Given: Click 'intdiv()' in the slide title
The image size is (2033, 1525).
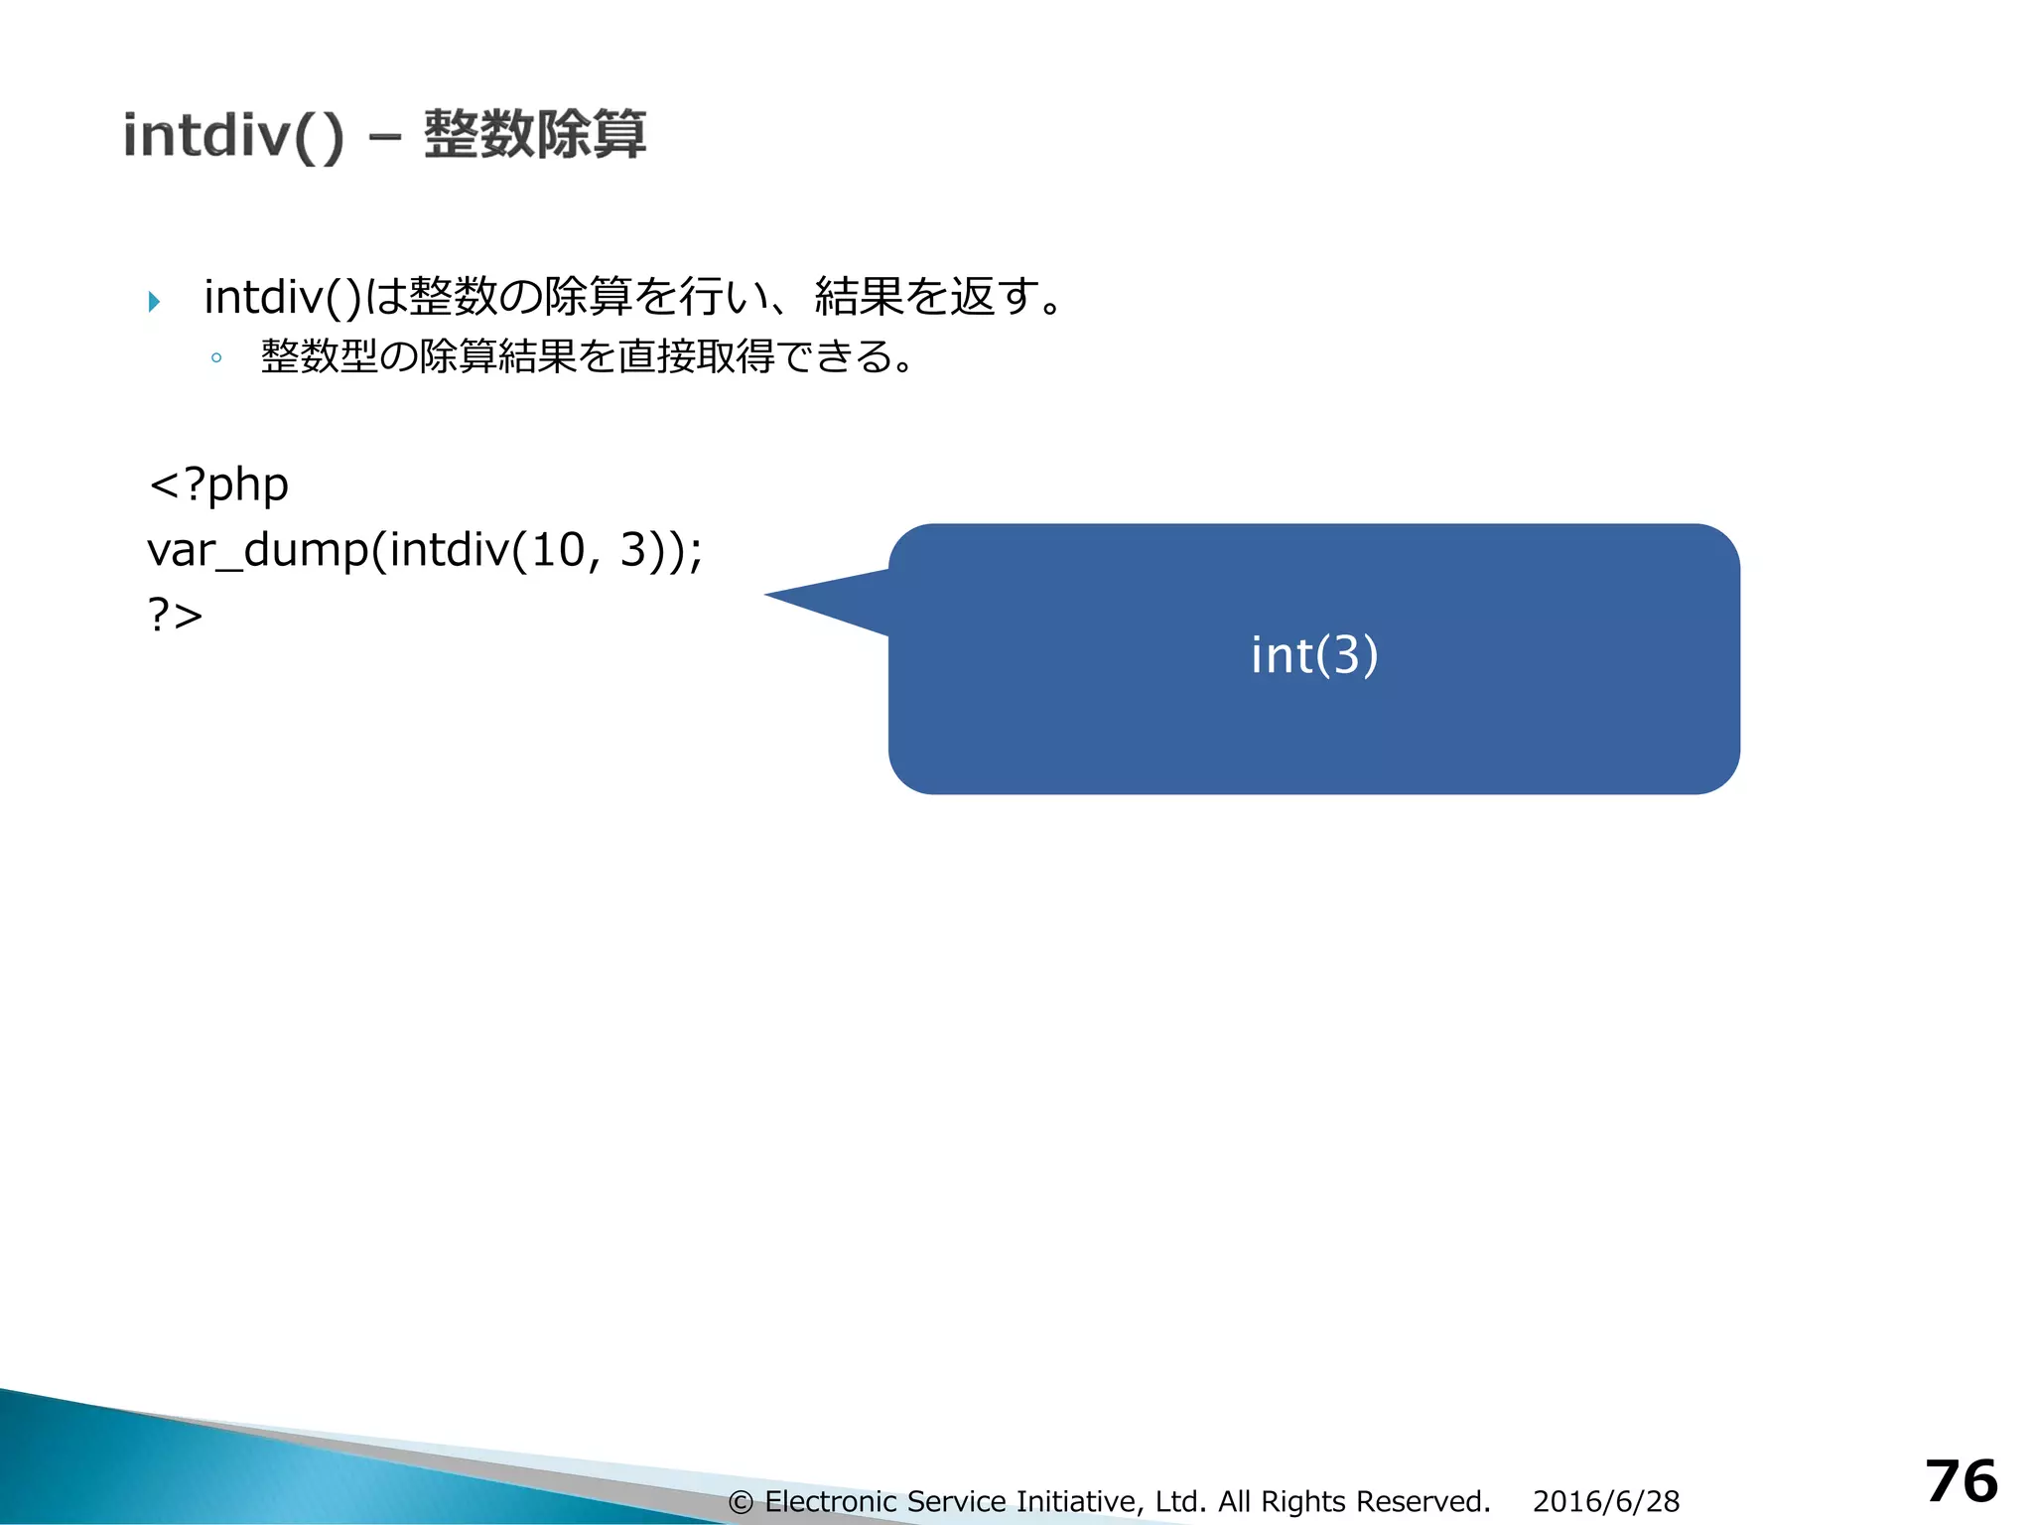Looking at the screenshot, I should (233, 136).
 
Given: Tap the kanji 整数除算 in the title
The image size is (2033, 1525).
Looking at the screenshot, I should (535, 135).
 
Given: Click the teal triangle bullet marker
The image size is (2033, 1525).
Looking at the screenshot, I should (154, 301).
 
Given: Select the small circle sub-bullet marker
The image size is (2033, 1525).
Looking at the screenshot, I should (216, 358).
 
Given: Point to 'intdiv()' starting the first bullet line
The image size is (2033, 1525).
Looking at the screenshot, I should (283, 297).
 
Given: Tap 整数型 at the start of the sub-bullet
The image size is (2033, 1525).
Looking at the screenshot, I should (320, 356).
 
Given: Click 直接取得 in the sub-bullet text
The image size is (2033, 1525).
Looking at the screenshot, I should (695, 356).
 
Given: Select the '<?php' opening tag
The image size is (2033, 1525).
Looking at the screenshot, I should (218, 485).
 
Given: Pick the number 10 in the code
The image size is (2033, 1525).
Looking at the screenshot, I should (558, 550).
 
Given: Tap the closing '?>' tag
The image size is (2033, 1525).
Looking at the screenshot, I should (176, 615).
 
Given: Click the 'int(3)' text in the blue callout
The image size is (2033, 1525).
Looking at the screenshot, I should (1314, 655).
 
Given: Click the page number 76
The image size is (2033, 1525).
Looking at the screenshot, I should (1962, 1481).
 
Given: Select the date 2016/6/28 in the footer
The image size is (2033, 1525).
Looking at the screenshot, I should (1606, 1501).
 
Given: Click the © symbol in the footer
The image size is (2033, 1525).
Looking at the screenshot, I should (741, 1502).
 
